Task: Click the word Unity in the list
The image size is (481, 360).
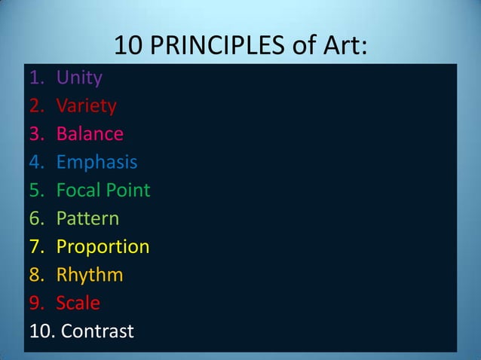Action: point(79,78)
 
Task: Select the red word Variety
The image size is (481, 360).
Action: point(86,105)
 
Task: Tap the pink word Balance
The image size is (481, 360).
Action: point(90,134)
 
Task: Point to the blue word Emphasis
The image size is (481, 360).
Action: point(97,162)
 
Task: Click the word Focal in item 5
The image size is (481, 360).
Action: point(77,190)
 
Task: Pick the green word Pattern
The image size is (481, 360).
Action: point(87,218)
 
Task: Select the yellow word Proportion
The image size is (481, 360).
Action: point(103,247)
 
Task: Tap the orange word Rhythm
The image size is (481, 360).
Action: point(90,275)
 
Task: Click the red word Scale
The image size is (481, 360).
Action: point(78,303)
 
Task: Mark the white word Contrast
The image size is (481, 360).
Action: point(97,331)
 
